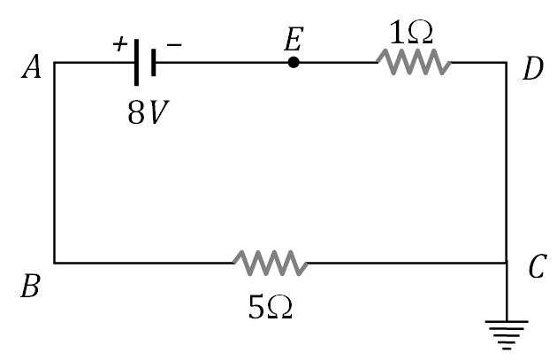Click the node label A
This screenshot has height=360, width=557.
pos(32,68)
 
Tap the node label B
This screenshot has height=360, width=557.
pos(30,288)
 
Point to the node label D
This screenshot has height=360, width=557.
pos(532,69)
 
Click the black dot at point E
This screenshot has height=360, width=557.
pos(294,63)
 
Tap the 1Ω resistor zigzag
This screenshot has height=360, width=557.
pos(413,63)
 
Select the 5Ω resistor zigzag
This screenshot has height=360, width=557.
pos(270,263)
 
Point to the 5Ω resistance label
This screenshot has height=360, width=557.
pos(270,306)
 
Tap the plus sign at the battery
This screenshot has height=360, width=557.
pos(119,44)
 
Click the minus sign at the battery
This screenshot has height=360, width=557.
pos(174,45)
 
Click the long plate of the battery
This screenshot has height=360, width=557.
pos(137,63)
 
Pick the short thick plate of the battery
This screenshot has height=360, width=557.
pos(154,63)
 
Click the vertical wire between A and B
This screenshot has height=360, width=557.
pos(55,164)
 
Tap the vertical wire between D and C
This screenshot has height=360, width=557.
pos(507,164)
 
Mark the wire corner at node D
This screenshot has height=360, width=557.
pos(507,63)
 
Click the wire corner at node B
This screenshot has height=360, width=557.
pos(55,263)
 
